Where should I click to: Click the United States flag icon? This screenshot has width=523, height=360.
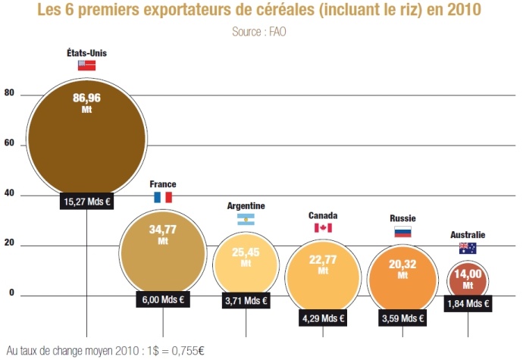(x=86, y=66)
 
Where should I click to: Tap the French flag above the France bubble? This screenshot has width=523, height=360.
(x=163, y=197)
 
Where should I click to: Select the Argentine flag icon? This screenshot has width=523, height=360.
(x=246, y=220)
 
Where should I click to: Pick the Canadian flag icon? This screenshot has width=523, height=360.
(x=323, y=228)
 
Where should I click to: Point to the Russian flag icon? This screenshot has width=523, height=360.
(x=402, y=232)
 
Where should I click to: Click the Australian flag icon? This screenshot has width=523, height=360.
(x=468, y=249)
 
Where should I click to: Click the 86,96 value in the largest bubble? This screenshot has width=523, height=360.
(x=86, y=98)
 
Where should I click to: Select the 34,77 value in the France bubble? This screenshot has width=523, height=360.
(x=163, y=230)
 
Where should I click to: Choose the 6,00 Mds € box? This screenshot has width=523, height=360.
(x=163, y=299)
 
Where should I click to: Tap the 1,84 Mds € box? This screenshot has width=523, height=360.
(x=468, y=304)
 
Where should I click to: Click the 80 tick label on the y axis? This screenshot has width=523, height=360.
(x=9, y=93)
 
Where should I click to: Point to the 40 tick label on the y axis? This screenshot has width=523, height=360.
(x=9, y=194)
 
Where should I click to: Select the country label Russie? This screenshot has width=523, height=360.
(x=402, y=218)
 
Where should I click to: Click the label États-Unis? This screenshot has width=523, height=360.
(x=86, y=52)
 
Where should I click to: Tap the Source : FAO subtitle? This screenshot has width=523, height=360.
(x=260, y=32)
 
